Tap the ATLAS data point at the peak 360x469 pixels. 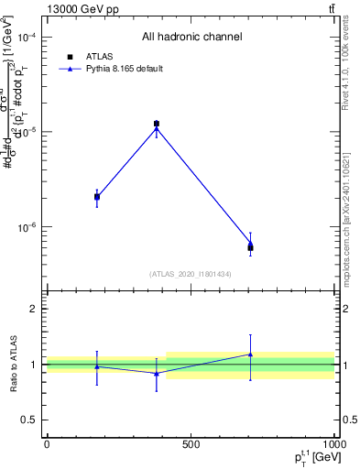pos(157,124)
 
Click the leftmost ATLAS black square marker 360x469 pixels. pos(97,197)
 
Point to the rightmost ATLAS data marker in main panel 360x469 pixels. pos(250,248)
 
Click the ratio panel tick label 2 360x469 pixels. pos(34,309)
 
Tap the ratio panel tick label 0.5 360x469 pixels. pos(29,420)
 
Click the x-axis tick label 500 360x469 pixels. pos(191,444)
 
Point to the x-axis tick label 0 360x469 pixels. pos(47,444)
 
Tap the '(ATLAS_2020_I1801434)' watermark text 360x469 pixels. pos(191,274)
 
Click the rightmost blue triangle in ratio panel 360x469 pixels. pos(250,354)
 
